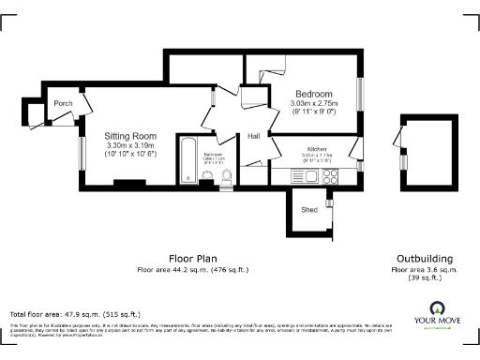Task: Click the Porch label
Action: tap(63, 103)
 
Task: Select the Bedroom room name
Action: tap(313, 95)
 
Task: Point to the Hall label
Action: tap(253, 136)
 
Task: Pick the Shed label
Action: tap(308, 210)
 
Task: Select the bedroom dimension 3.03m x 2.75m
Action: tap(313, 105)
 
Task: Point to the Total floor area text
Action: tap(75, 314)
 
